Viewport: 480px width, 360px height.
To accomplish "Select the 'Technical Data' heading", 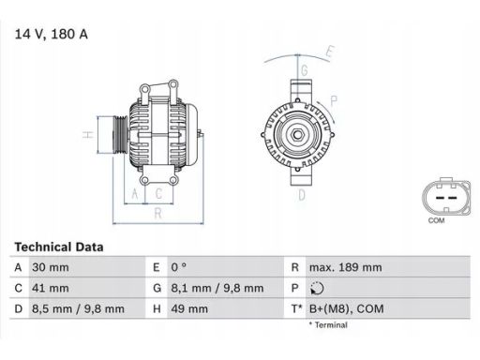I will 59,247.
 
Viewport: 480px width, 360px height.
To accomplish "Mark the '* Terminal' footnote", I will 327,325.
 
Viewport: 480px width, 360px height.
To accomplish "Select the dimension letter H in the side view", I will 86,135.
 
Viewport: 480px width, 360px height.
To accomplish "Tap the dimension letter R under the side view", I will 158,213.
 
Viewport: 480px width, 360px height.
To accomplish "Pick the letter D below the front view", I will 301,195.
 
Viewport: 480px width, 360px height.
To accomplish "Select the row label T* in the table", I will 297,308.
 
